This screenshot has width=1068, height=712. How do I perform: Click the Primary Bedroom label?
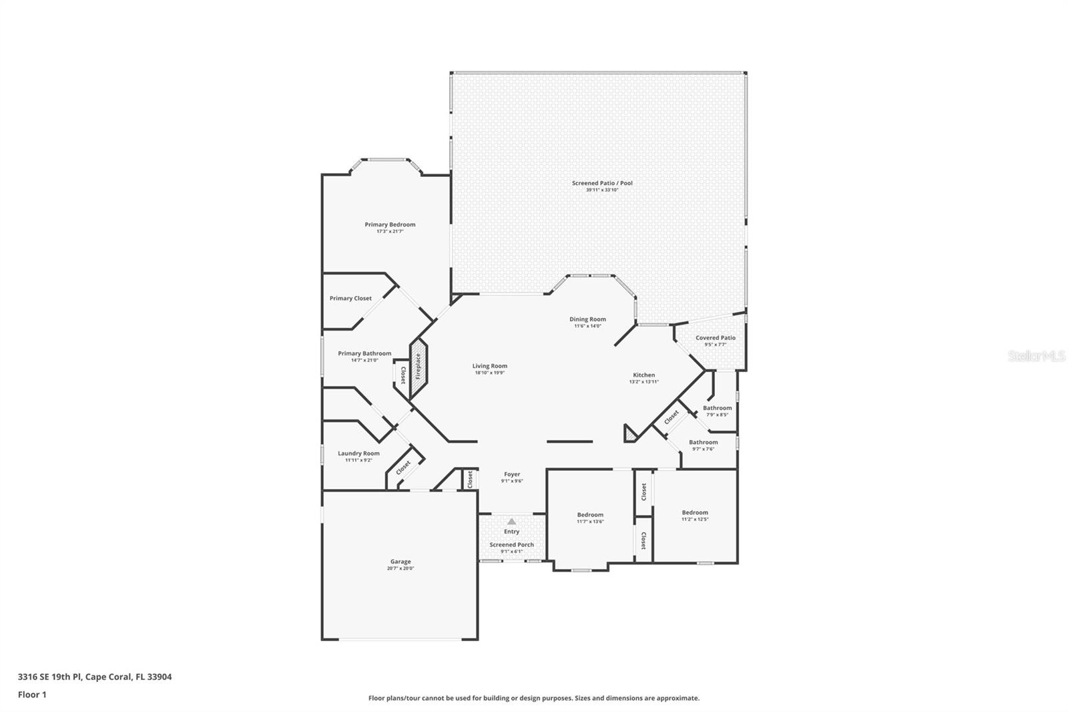(390, 224)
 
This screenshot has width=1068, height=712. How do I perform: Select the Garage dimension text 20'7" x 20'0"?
(400, 568)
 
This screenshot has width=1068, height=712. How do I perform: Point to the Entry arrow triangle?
(511, 522)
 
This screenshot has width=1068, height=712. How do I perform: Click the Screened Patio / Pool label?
(602, 183)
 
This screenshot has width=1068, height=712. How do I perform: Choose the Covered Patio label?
(715, 338)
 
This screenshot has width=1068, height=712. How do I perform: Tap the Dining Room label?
(587, 319)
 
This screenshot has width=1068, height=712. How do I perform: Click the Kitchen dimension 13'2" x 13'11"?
(643, 382)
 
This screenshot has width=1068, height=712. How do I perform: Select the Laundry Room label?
(358, 454)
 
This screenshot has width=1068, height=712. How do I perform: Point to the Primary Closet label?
(350, 299)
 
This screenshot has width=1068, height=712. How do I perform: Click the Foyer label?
(511, 474)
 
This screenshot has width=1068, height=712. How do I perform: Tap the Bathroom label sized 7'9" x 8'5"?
(717, 408)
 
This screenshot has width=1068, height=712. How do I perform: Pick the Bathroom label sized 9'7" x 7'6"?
(703, 442)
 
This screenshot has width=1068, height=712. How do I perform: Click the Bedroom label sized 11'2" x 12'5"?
(695, 512)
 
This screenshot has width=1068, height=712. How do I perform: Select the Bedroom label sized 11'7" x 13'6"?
(590, 515)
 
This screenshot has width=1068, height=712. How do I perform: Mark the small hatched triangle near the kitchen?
(629, 435)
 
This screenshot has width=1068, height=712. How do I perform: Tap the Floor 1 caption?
(32, 695)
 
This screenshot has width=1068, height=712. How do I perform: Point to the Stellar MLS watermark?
(1036, 357)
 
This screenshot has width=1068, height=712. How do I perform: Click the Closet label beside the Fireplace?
(403, 375)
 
